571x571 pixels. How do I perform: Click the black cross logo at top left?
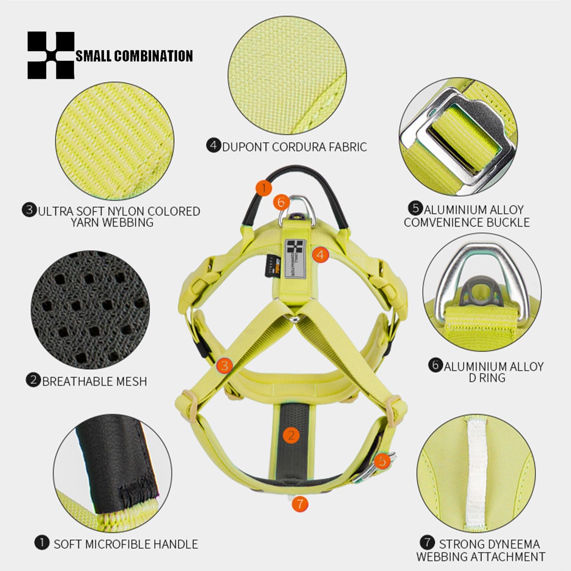pyautogui.click(x=51, y=56)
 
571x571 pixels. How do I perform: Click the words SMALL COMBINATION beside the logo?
pyautogui.click(x=134, y=56)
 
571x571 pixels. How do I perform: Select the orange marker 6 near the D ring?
pyautogui.click(x=281, y=202)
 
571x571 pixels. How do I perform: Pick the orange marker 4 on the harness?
pyautogui.click(x=320, y=254)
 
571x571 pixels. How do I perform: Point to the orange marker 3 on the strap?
pyautogui.click(x=224, y=365)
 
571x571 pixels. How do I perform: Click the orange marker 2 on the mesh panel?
pyautogui.click(x=291, y=435)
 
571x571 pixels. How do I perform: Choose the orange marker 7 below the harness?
pyautogui.click(x=300, y=504)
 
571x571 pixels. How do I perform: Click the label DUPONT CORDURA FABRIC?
pyautogui.click(x=294, y=147)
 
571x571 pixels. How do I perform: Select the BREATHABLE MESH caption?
pyautogui.click(x=94, y=381)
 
